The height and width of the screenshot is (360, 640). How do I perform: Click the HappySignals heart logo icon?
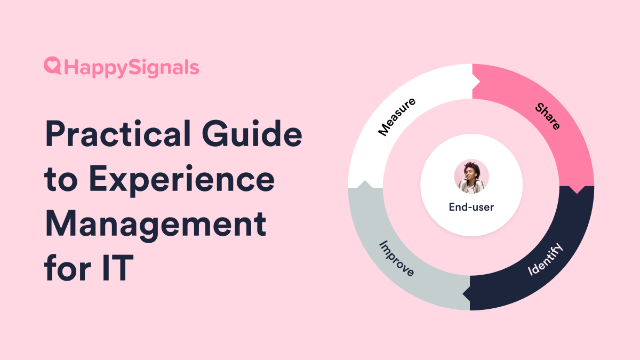(x=53, y=67)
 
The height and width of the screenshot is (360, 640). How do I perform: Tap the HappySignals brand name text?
(x=131, y=68)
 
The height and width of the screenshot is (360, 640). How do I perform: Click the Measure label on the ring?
(x=397, y=116)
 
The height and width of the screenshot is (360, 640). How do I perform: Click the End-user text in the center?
(x=471, y=207)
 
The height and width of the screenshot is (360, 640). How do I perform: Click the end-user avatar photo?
(x=471, y=176)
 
